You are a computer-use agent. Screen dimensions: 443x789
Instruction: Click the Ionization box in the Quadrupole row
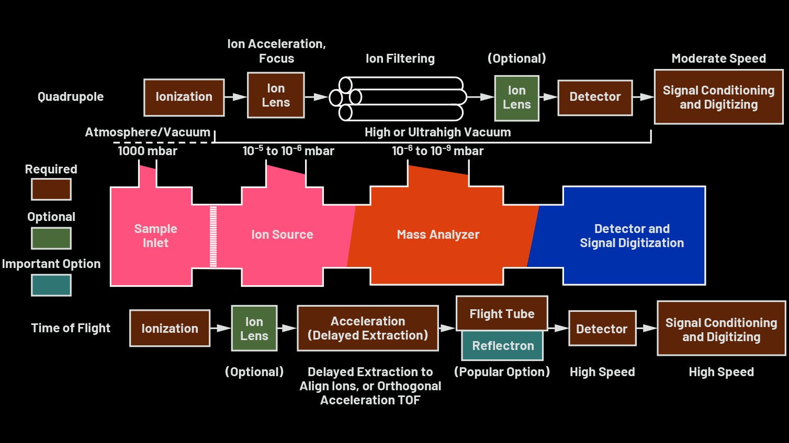pyautogui.click(x=184, y=97)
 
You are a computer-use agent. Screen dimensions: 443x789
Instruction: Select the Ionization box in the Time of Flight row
pyautogui.click(x=170, y=329)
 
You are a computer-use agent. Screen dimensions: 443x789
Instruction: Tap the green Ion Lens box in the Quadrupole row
pyautogui.click(x=516, y=98)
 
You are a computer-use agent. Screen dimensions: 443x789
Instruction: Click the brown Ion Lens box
pyautogui.click(x=276, y=96)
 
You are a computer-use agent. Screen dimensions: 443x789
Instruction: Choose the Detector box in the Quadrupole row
pyautogui.click(x=595, y=97)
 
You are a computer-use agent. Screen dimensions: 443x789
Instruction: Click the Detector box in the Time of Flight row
pyautogui.click(x=602, y=329)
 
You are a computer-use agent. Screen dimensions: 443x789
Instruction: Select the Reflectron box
pyautogui.click(x=502, y=346)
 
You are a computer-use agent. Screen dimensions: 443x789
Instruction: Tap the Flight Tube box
pyautogui.click(x=502, y=314)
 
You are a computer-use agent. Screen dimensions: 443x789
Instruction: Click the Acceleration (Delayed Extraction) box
pyautogui.click(x=367, y=328)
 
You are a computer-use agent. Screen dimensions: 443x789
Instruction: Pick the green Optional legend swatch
pyautogui.click(x=51, y=238)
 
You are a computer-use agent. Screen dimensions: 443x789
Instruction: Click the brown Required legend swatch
pyautogui.click(x=51, y=190)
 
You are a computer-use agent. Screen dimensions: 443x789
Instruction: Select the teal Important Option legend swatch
pyautogui.click(x=51, y=285)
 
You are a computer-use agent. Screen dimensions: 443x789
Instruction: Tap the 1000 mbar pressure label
pyautogui.click(x=148, y=151)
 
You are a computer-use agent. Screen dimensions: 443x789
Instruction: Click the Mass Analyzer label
pyautogui.click(x=438, y=235)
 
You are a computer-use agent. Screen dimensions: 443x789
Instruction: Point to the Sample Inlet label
pyautogui.click(x=155, y=236)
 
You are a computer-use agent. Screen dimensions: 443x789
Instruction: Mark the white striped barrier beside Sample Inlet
pyautogui.click(x=213, y=237)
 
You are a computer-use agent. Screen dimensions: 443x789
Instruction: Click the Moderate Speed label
pyautogui.click(x=718, y=59)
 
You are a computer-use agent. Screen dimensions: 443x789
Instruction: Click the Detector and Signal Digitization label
pyautogui.click(x=632, y=236)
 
